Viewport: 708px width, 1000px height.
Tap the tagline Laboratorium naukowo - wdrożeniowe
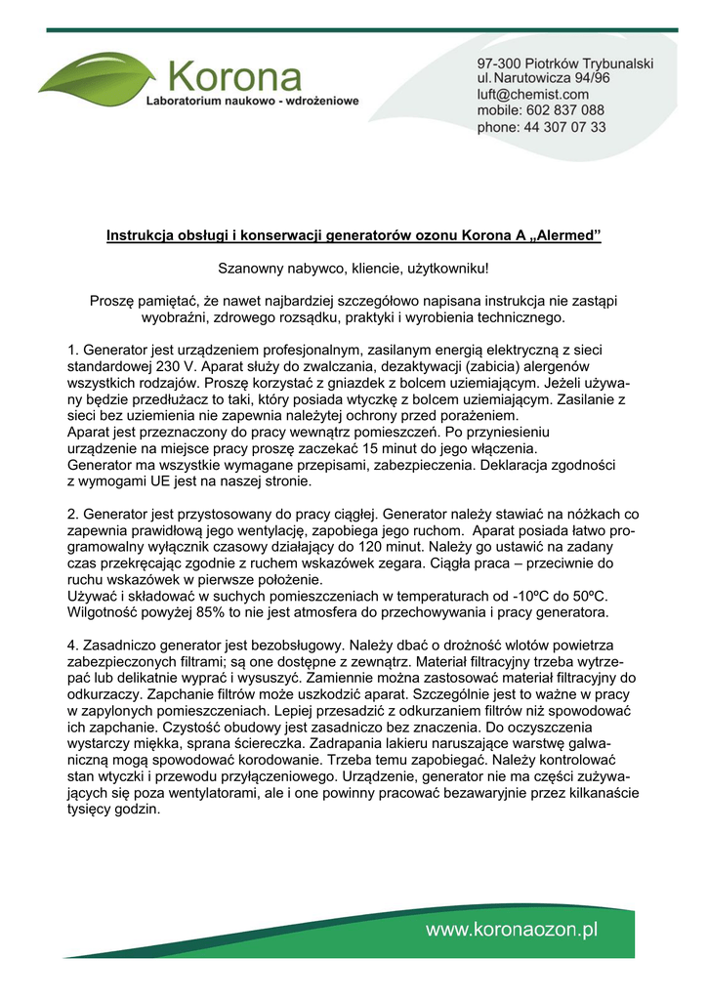pos(252,101)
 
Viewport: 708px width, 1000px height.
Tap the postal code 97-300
pos(499,62)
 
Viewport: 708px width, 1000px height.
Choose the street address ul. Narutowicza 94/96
pos(544,78)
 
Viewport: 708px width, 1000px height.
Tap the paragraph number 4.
pos(73,646)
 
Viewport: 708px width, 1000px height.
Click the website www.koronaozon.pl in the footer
pos(511,931)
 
